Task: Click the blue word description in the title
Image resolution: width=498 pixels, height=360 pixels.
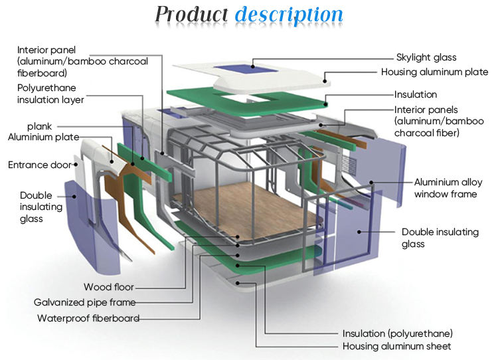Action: [x=289, y=14]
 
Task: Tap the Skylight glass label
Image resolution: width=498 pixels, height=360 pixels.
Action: [x=426, y=58]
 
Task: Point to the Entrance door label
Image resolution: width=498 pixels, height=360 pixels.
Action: [x=39, y=165]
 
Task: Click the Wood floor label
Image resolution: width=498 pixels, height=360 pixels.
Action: [x=108, y=287]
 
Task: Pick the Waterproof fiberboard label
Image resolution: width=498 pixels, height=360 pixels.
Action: [x=88, y=318]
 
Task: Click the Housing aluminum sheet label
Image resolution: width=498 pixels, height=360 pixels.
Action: [x=396, y=347]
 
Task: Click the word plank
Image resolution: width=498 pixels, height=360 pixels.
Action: [x=39, y=126]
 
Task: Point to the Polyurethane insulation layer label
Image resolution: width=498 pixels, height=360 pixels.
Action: [x=50, y=94]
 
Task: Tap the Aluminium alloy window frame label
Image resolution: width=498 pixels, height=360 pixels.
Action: [x=446, y=188]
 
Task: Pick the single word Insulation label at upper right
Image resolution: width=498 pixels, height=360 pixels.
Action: [x=416, y=95]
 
